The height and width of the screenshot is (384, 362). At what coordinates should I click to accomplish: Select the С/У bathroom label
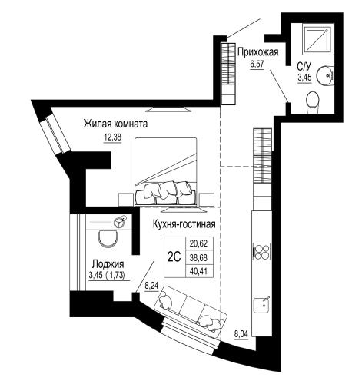point(304,67)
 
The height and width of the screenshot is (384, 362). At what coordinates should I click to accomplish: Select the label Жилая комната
point(115,123)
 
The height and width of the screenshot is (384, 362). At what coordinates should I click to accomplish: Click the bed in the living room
point(166,169)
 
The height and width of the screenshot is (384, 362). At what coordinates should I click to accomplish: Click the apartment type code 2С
point(174,257)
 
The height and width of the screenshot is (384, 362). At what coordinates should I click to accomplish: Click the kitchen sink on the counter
point(262,306)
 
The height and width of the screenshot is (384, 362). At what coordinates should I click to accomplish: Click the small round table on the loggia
point(118,223)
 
